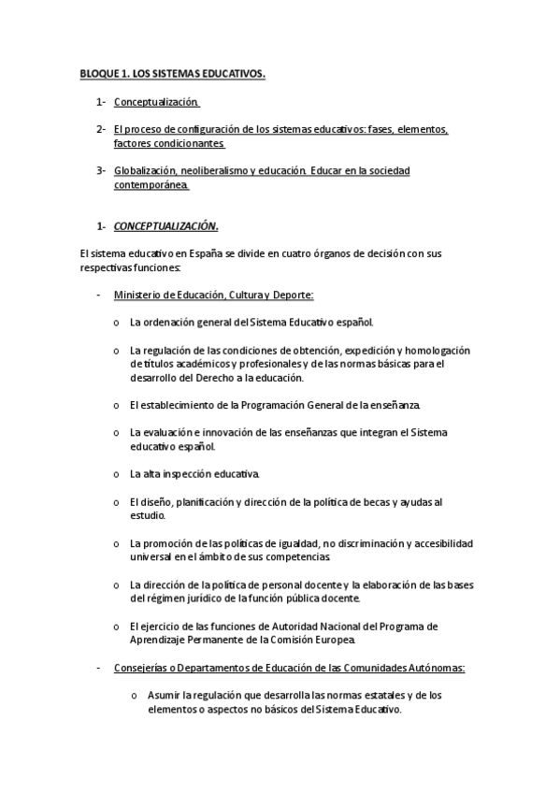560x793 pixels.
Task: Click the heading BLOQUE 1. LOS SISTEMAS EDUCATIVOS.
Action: tap(171, 73)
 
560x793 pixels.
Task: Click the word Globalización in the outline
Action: tap(145, 171)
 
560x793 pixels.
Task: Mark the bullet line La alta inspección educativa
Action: tap(195, 474)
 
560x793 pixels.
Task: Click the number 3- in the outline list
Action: tap(100, 171)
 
